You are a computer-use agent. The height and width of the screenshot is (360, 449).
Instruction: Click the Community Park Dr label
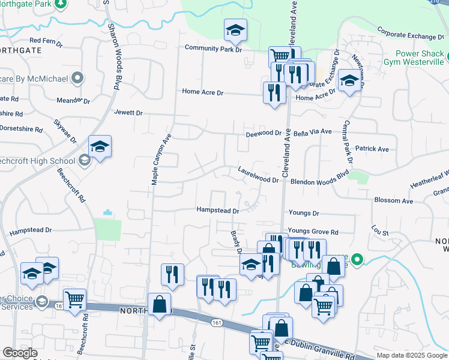212,49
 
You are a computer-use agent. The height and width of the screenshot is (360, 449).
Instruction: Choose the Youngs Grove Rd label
313,232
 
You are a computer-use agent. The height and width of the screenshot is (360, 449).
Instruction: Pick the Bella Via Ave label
312,131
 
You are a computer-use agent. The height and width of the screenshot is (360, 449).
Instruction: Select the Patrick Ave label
372,149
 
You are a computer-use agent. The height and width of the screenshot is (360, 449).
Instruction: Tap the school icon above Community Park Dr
236,29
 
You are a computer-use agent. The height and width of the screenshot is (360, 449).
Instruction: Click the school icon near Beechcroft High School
100,146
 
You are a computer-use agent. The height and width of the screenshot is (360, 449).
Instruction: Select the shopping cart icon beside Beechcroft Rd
74,299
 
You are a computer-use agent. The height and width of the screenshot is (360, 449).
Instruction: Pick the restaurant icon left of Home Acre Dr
274,92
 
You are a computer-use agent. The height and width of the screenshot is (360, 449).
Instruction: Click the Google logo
20,353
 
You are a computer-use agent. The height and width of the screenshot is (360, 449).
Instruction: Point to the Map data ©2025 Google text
412,355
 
